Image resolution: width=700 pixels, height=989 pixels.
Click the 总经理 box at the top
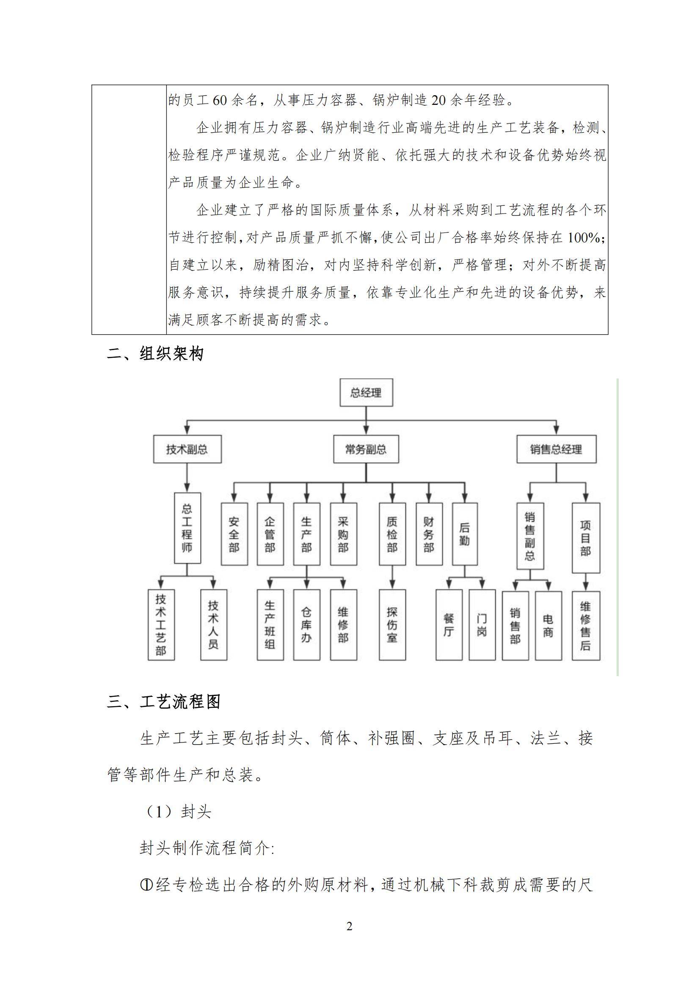(x=366, y=392)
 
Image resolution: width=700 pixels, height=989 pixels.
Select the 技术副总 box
(x=187, y=449)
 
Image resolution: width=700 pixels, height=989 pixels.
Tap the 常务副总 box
(x=366, y=449)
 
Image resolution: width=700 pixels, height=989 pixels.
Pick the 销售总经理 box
(x=556, y=449)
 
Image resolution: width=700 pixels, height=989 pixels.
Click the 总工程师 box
(x=187, y=528)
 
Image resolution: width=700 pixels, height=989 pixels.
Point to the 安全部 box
(x=234, y=534)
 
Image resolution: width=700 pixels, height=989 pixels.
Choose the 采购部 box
(x=343, y=534)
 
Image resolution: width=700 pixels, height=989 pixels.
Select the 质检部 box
(x=392, y=534)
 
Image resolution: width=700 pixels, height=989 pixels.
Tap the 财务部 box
(x=428, y=534)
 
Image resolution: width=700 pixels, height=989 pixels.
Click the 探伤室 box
(x=392, y=625)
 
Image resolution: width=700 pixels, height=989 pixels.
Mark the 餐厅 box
(x=449, y=625)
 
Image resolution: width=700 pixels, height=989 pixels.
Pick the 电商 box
(x=548, y=625)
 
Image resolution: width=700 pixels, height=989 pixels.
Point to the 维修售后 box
(x=585, y=625)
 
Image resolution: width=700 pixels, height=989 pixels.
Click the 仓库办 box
(x=306, y=625)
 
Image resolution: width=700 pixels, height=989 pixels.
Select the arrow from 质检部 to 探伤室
(x=392, y=577)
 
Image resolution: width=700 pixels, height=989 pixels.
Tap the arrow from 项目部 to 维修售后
(x=585, y=582)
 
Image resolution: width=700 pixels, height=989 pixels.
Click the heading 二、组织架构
(x=155, y=354)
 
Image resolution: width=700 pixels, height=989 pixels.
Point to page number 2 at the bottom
(x=350, y=926)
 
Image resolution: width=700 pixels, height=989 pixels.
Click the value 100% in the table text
(x=584, y=237)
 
